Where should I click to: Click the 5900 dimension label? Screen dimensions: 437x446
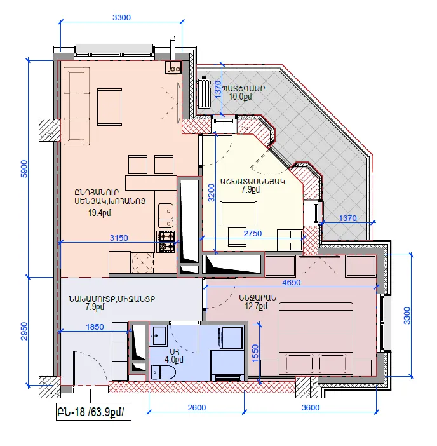[24, 169]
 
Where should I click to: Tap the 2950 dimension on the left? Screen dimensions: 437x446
[24, 331]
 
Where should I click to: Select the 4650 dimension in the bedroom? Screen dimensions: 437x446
[291, 283]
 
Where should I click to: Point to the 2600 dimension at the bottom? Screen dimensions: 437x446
[197, 408]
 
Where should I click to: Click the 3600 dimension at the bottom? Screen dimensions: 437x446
[310, 408]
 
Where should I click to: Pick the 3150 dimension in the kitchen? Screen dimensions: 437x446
[119, 238]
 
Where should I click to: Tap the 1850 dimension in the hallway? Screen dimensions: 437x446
[95, 327]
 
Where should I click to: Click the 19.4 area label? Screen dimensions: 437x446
[100, 213]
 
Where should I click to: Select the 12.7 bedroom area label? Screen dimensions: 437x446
[256, 306]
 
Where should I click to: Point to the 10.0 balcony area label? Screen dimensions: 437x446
[241, 97]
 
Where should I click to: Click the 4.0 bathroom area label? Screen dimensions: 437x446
[174, 360]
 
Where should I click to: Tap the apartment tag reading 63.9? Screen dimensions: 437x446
[93, 412]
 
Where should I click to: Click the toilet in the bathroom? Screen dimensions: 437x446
[163, 372]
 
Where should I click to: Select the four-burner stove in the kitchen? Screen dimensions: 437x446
[166, 242]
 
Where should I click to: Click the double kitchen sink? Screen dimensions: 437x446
[166, 215]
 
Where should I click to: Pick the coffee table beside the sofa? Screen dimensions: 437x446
[109, 107]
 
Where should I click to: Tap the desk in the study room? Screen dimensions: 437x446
[239, 214]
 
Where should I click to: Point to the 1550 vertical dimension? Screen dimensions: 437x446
[255, 353]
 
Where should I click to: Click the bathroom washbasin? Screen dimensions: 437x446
[158, 335]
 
